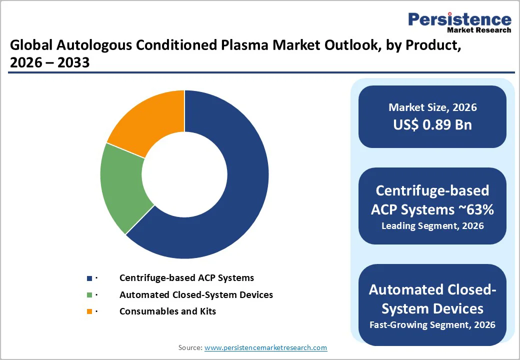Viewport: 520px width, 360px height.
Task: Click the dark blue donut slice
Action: pos(235,200)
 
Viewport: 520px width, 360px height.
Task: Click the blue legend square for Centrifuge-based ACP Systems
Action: pos(89,278)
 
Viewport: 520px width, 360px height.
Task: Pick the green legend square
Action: pos(89,295)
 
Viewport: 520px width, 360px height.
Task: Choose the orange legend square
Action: pos(89,311)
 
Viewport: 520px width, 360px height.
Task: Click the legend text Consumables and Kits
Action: pos(167,311)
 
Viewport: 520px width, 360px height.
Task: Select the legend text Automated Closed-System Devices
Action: pos(196,294)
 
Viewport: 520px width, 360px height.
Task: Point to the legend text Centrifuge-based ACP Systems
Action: pos(186,277)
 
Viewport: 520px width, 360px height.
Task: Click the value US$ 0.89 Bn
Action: pos(432,124)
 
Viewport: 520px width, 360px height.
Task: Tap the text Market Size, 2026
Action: pos(432,107)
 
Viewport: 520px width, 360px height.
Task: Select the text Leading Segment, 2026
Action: pos(432,225)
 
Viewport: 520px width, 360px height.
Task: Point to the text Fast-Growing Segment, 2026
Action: pos(432,324)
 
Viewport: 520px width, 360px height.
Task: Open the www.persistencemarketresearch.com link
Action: pos(265,347)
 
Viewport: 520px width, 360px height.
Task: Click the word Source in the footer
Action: pos(190,347)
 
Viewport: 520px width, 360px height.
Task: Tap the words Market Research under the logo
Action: pos(479,30)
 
